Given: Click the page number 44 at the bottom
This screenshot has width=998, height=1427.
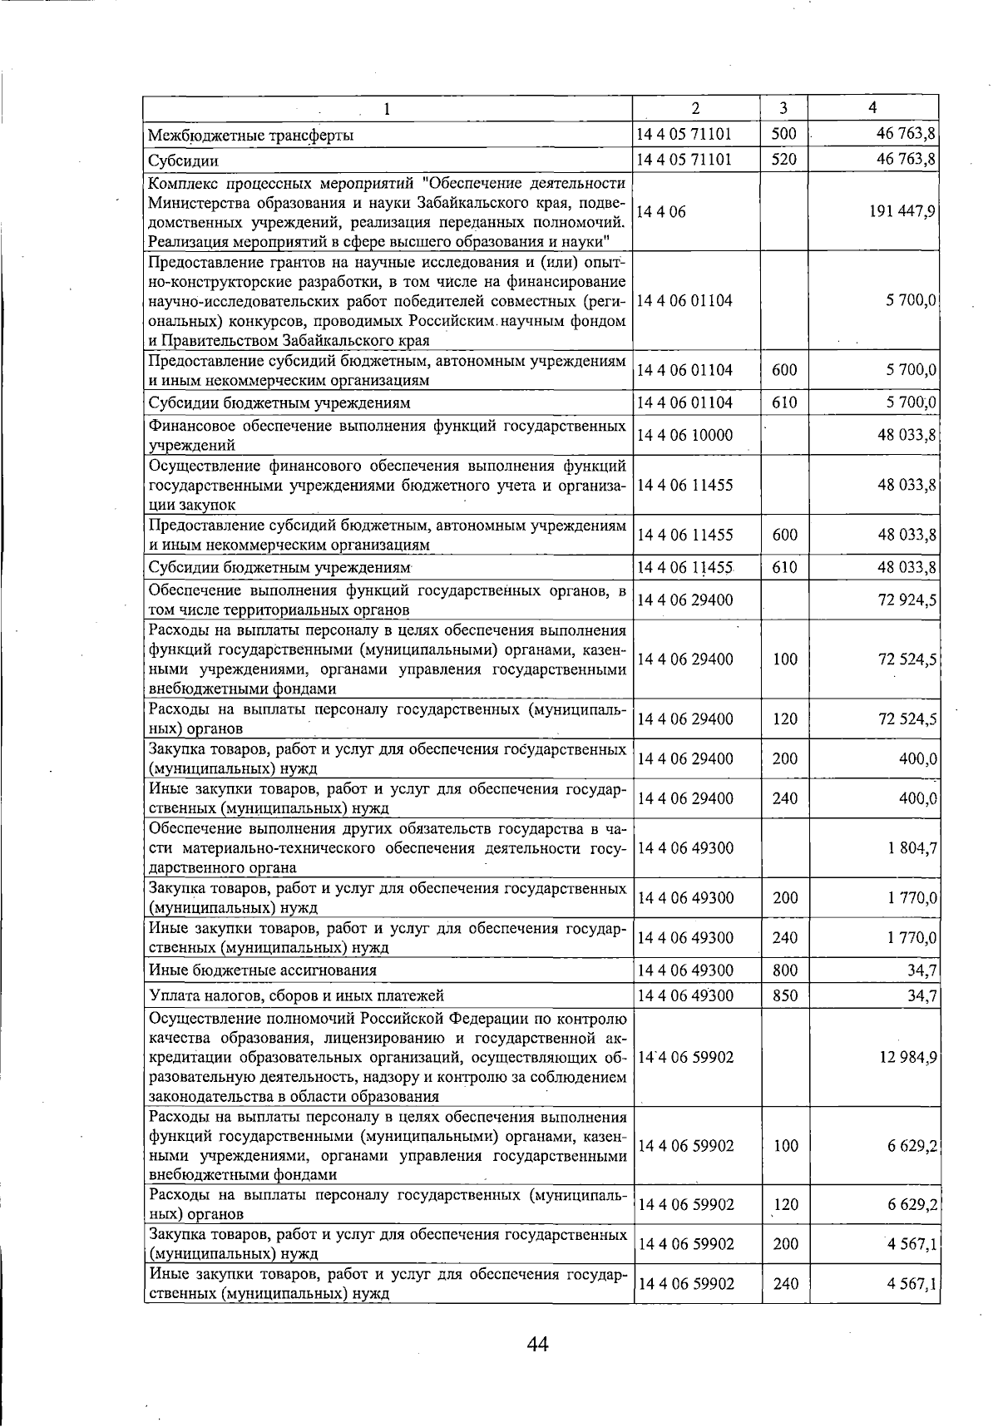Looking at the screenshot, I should click(x=537, y=1344).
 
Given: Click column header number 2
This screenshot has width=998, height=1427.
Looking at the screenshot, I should click(x=695, y=108).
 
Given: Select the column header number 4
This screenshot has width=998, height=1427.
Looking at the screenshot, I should click(x=872, y=107).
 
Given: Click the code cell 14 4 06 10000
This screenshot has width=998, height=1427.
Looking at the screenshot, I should click(x=684, y=435).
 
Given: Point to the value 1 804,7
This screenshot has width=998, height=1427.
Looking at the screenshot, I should click(x=912, y=848).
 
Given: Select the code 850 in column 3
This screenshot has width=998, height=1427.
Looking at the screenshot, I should click(x=784, y=995).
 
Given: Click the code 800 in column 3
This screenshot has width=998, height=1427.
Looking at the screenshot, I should click(x=784, y=970).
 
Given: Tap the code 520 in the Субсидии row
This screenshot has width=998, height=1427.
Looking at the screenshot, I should click(x=784, y=159).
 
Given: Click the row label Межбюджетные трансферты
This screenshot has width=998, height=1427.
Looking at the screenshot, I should click(x=250, y=135).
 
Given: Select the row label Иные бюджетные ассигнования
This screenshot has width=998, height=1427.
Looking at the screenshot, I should click(x=262, y=970).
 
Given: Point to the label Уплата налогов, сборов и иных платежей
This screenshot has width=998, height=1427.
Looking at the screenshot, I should click(x=296, y=995).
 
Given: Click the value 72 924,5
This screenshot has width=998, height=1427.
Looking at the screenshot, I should click(x=908, y=600).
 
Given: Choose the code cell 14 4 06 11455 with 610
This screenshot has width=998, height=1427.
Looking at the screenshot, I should click(x=684, y=568).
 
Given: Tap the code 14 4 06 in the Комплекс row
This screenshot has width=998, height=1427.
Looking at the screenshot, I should click(x=661, y=211).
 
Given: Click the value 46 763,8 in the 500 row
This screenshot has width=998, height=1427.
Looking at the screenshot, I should click(x=908, y=134).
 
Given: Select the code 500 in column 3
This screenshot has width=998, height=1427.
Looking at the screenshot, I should click(x=784, y=134).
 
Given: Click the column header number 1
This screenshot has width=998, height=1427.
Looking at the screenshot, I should click(x=387, y=109).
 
